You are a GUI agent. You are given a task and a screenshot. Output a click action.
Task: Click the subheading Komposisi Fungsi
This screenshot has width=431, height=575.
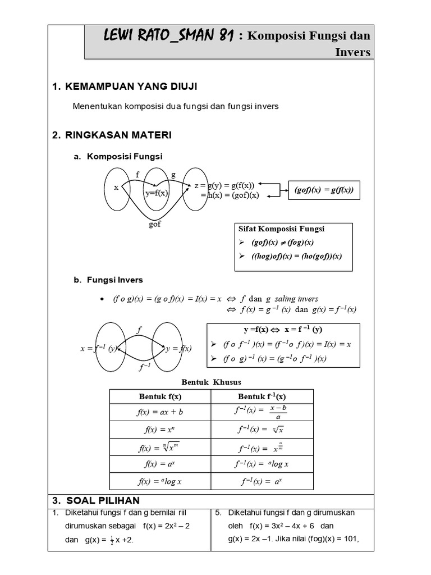124,157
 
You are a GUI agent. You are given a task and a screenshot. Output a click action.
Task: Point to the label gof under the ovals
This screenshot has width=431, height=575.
154,223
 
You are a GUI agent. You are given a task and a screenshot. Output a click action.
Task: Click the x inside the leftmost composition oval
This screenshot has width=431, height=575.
116,188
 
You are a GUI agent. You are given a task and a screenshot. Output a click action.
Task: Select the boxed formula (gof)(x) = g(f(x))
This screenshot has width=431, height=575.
324,190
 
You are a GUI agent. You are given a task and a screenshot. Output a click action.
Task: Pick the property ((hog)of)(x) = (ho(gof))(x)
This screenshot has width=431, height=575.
297,255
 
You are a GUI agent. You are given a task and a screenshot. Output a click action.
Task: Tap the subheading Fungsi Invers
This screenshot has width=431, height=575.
114,280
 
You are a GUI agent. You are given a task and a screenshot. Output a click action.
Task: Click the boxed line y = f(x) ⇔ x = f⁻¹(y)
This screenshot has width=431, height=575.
283,330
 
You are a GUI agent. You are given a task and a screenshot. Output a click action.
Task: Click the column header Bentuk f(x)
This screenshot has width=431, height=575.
160,396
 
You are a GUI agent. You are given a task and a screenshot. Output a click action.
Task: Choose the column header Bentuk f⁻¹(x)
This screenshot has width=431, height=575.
262,396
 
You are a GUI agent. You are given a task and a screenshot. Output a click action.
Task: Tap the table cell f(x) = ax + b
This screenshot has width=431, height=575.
160,412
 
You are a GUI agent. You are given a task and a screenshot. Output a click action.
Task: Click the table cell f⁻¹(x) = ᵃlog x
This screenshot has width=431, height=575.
262,464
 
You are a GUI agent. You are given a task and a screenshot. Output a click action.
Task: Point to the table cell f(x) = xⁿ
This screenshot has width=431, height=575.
160,429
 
